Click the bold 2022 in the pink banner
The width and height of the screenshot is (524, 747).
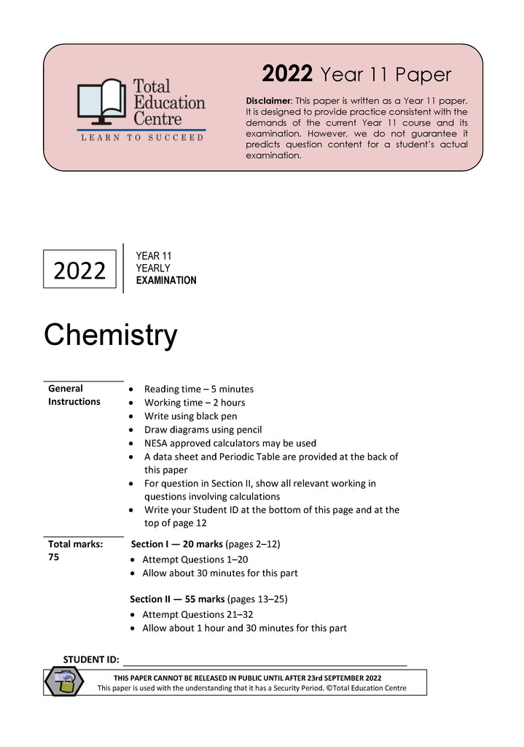[287, 74]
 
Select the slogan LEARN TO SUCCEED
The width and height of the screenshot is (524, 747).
[141, 137]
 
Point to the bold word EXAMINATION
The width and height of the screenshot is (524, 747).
[166, 281]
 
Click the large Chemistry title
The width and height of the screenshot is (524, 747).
[110, 335]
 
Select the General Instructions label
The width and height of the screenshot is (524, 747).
[74, 395]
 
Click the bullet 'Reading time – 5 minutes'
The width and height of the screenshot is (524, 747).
[199, 390]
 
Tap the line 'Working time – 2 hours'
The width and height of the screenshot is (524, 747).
[195, 403]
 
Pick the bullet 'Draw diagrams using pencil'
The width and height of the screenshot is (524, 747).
[203, 430]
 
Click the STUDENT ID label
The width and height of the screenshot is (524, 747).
[91, 659]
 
